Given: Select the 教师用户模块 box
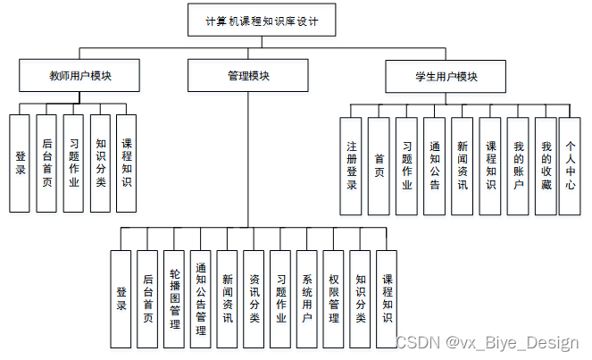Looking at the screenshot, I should [x=80, y=76].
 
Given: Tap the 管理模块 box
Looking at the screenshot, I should [x=247, y=76].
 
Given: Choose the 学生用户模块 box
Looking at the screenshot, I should [x=446, y=76].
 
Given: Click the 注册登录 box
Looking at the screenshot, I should [x=352, y=165].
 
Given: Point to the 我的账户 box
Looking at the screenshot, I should [x=518, y=165].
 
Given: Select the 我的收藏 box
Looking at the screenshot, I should [x=546, y=165].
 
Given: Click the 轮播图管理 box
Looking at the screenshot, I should [x=174, y=298].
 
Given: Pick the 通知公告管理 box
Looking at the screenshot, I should [x=201, y=298].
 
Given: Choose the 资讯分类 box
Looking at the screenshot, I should [x=254, y=298].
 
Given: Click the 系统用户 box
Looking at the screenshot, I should [x=307, y=298].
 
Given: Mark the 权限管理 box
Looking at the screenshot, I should [x=333, y=298].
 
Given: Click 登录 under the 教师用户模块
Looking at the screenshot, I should [x=21, y=163].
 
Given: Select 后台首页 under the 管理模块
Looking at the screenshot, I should [x=147, y=298].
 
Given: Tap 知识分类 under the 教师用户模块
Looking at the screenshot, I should [x=100, y=163].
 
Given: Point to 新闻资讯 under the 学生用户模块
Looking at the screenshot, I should [x=462, y=165].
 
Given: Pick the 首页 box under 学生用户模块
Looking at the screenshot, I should [x=379, y=165].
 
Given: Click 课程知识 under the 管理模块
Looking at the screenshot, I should [x=387, y=298].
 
